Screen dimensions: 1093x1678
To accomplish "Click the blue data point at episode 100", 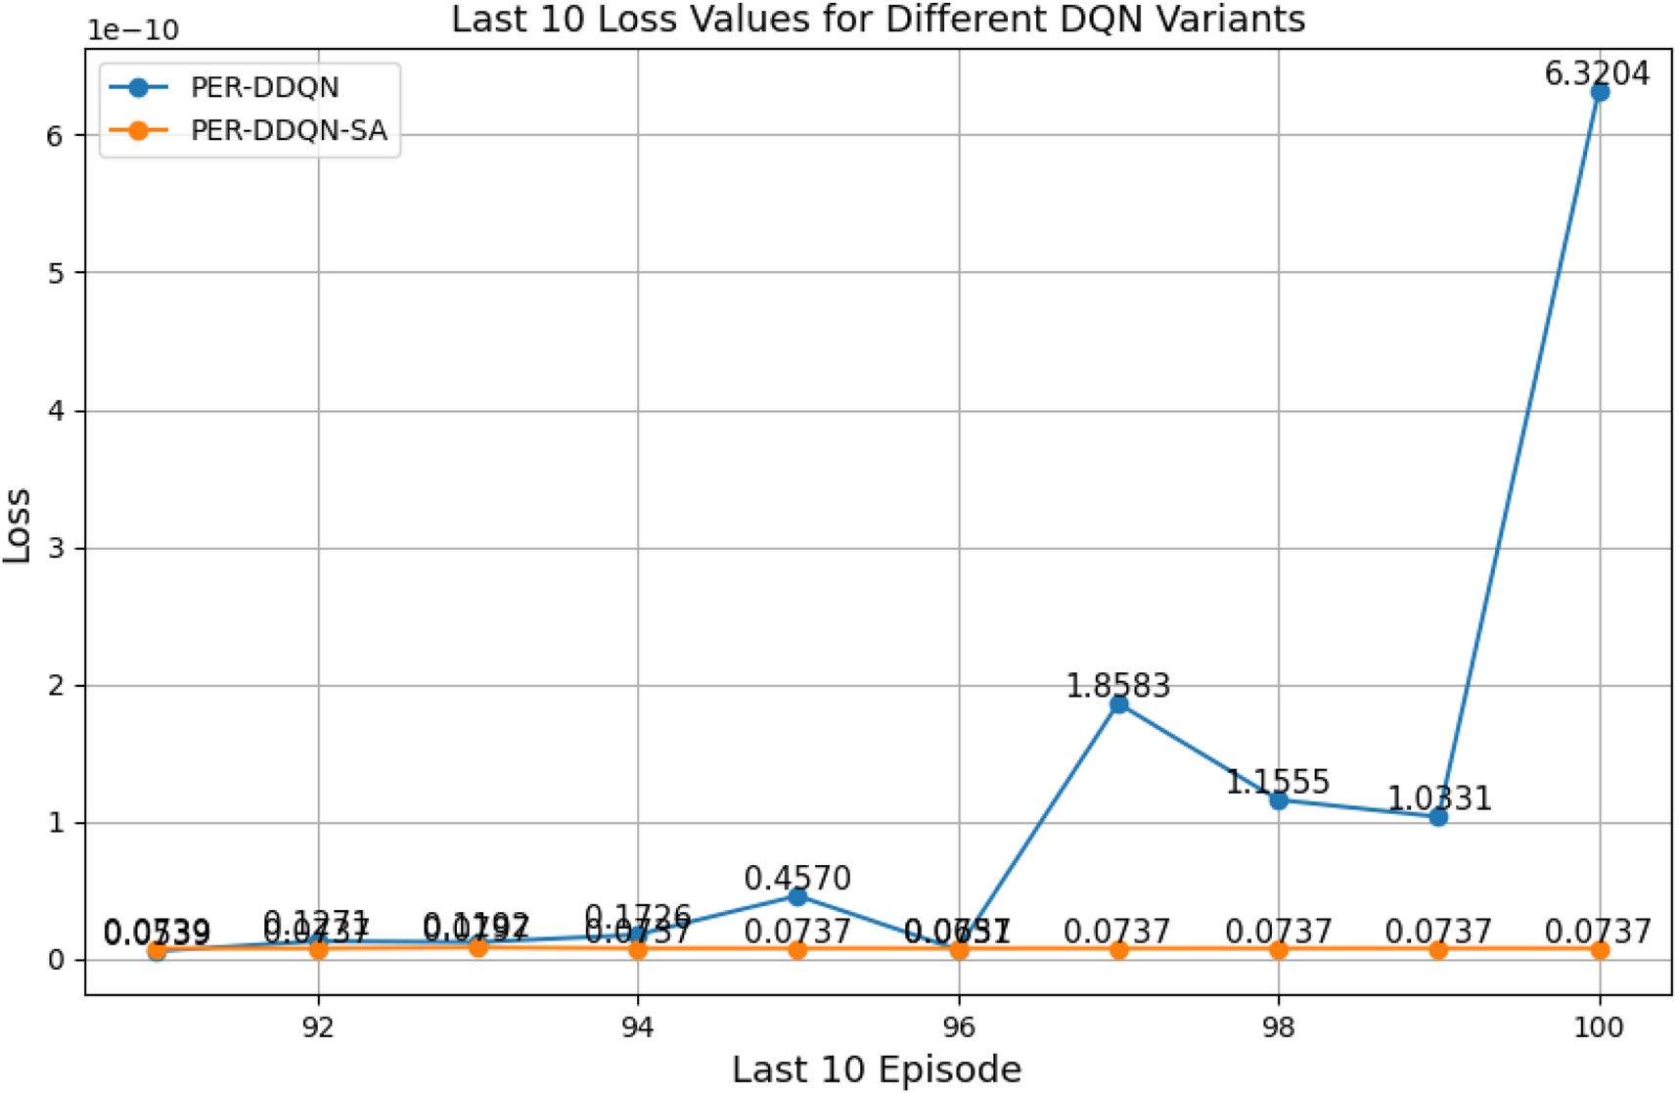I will (x=1599, y=92).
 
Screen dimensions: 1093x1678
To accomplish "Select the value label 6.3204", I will (x=1597, y=73).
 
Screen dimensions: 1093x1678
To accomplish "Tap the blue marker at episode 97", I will (x=1118, y=705).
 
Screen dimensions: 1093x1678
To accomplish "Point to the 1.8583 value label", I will (x=1117, y=686).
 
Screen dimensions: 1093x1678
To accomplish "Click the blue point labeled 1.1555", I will (x=1278, y=800).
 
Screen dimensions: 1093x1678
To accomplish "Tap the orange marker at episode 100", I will (x=1599, y=950).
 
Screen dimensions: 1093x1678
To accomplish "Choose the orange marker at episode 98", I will (x=1278, y=950).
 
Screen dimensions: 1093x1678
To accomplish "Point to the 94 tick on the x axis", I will (x=638, y=1027).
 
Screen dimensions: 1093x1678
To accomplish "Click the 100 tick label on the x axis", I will (x=1599, y=1027).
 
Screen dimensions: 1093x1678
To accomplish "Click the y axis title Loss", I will (x=18, y=524).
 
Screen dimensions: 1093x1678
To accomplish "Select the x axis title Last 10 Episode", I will (x=877, y=1070).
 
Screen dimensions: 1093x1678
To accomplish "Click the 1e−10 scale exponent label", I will (x=133, y=30).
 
